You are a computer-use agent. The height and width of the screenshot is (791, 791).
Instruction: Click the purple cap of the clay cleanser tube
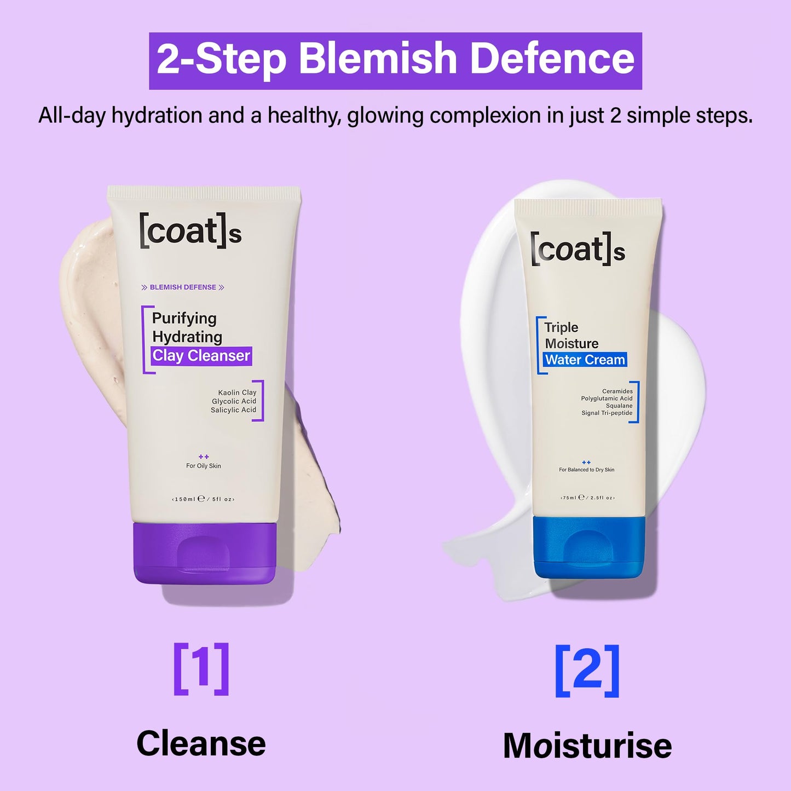tap(204, 553)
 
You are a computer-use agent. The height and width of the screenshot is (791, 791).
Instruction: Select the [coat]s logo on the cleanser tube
tap(190, 232)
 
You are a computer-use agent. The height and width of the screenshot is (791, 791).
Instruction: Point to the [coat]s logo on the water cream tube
tap(578, 250)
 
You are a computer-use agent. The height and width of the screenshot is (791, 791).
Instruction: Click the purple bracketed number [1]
tap(201, 669)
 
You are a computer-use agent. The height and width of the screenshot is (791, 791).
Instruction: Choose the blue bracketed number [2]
tap(587, 671)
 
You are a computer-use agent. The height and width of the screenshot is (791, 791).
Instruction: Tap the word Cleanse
tap(201, 743)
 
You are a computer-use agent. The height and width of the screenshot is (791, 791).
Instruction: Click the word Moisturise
tap(587, 746)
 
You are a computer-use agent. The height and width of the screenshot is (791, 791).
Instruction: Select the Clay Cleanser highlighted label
tap(201, 356)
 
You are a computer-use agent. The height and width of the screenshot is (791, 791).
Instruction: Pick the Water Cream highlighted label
tap(585, 360)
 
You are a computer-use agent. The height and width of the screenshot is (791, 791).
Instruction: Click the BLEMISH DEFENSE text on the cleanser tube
tap(183, 287)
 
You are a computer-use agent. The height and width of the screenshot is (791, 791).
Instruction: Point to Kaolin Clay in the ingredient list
tap(237, 392)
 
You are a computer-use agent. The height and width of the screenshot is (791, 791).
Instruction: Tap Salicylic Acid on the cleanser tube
tap(233, 410)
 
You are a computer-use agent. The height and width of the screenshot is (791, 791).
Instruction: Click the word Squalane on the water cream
tap(619, 406)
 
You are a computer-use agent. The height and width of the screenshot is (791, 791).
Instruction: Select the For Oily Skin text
tap(204, 466)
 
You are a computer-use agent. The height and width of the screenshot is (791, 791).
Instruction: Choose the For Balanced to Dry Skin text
tap(586, 470)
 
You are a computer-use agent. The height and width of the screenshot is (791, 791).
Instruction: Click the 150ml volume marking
tap(184, 499)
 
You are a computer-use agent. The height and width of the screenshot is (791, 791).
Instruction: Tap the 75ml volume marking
tap(569, 498)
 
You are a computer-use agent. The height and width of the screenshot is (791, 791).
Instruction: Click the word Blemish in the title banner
tap(378, 59)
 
